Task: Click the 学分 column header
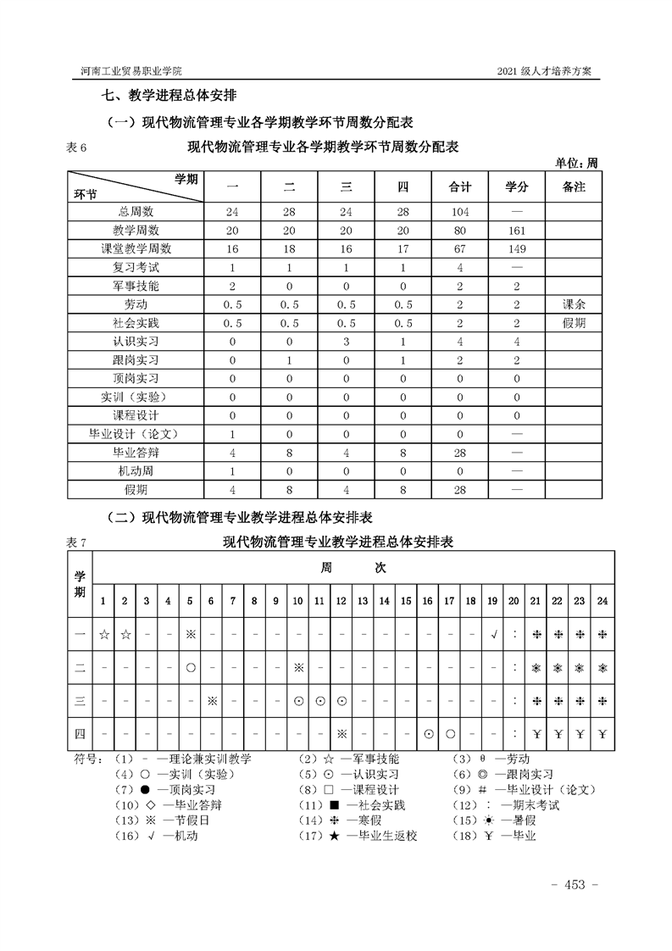(517, 186)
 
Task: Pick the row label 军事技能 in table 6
(136, 286)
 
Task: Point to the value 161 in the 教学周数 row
(517, 231)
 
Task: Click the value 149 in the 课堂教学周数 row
(517, 249)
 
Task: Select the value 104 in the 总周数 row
(460, 212)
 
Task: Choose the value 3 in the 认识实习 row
(346, 342)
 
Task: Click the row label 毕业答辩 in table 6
(136, 453)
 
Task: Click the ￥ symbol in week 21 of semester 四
(536, 733)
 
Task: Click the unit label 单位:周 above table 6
(576, 163)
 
